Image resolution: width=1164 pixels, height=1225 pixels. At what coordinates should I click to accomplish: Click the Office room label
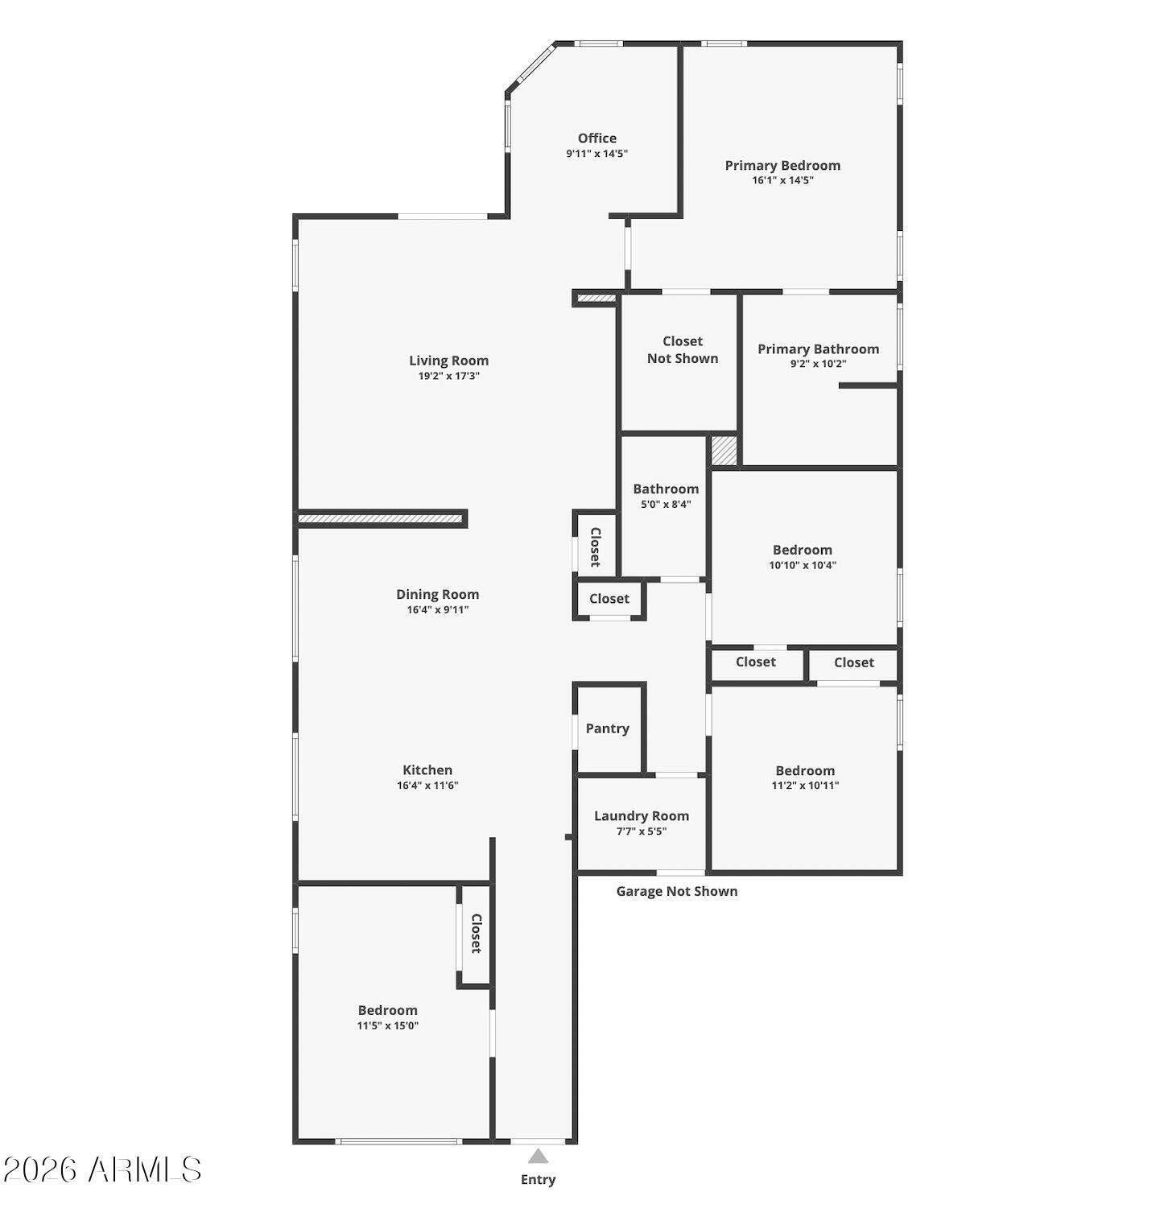tap(596, 138)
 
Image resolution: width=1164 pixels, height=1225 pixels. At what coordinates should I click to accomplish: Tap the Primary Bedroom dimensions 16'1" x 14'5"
tap(782, 180)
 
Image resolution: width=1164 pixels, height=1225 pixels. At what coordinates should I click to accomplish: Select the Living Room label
tap(448, 361)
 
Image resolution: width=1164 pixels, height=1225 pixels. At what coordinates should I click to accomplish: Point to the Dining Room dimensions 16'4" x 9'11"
tap(437, 610)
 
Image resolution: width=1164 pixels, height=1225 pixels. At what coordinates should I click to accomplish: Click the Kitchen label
tap(427, 770)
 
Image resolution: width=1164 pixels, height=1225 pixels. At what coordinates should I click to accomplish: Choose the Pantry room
tap(607, 728)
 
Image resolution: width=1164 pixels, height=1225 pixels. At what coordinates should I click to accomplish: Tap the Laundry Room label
tap(642, 816)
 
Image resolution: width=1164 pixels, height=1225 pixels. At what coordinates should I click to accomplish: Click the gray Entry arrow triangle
tap(538, 1157)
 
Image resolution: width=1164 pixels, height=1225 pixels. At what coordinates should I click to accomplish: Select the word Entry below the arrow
tap(538, 1180)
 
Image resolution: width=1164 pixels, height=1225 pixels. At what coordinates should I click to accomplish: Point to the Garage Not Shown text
tap(676, 891)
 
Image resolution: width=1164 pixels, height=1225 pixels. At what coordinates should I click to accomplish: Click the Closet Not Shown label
tap(683, 350)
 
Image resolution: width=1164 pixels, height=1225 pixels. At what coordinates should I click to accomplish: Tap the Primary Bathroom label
tap(818, 349)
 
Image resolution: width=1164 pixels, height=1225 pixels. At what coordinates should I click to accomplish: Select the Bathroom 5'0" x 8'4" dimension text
tap(666, 505)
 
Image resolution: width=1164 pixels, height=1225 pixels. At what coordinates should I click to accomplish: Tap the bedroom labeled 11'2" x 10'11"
tap(805, 777)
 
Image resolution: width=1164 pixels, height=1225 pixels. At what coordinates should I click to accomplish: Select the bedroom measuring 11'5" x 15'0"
tap(388, 1017)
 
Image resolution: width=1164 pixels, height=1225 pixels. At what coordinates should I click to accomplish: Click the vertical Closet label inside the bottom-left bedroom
tap(476, 934)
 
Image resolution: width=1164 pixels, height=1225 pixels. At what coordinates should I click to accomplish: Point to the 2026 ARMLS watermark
tap(102, 1169)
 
